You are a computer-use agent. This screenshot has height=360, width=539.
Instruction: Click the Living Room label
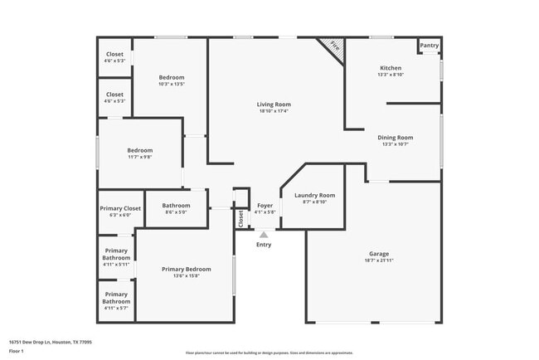pyautogui.click(x=274, y=105)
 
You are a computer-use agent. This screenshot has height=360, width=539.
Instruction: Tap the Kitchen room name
pyautogui.click(x=391, y=68)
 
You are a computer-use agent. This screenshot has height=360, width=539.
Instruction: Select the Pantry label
pyautogui.click(x=429, y=46)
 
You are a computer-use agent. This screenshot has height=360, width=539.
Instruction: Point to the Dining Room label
pyautogui.click(x=396, y=138)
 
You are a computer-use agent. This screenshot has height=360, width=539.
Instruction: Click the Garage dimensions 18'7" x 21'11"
pyautogui.click(x=379, y=261)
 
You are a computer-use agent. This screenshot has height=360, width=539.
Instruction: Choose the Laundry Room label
pyautogui.click(x=314, y=195)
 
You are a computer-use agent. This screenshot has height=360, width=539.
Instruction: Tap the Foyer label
pyautogui.click(x=265, y=205)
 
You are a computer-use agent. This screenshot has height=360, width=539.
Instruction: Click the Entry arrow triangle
pyautogui.click(x=264, y=235)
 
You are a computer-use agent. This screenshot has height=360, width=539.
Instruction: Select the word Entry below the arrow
pyautogui.click(x=264, y=245)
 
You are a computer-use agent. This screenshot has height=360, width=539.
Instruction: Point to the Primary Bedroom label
pyautogui.click(x=186, y=269)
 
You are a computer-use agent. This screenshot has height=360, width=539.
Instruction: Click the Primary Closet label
pyautogui.click(x=121, y=208)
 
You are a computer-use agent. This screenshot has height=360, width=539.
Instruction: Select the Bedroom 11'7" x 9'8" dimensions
pyautogui.click(x=139, y=157)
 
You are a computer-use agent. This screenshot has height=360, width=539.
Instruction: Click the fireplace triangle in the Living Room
pyautogui.click(x=333, y=45)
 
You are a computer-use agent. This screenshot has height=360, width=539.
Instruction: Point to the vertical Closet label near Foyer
pyautogui.click(x=241, y=218)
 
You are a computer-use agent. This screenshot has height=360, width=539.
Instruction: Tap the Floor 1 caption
pyautogui.click(x=17, y=351)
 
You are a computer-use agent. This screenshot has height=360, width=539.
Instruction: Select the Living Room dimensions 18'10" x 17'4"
pyautogui.click(x=274, y=111)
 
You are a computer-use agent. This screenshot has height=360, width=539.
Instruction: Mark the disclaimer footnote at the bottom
pyautogui.click(x=269, y=352)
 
